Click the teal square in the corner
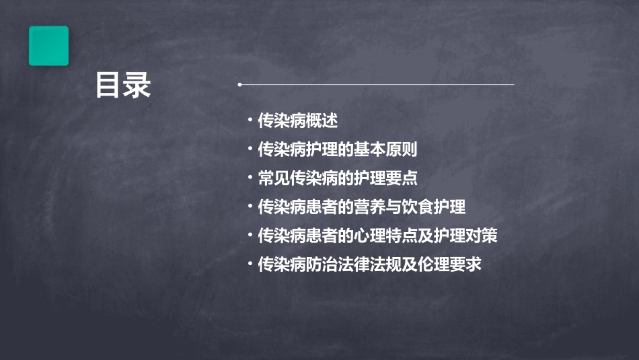pos(48,46)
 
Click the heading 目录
pos(123,85)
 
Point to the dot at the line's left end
pos(239,85)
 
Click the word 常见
pos(274,178)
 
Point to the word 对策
pos(482,236)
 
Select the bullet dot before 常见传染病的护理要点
pos(250,178)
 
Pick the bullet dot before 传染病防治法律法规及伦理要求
pos(250,264)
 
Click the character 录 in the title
pos(137,85)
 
